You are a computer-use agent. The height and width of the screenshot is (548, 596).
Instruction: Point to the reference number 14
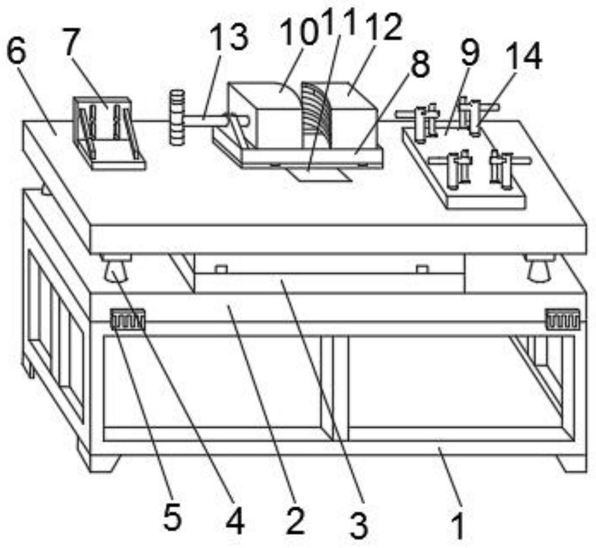(x=524, y=57)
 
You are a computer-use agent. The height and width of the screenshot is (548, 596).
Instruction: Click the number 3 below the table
(x=358, y=526)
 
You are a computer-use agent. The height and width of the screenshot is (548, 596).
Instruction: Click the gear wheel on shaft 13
(x=176, y=118)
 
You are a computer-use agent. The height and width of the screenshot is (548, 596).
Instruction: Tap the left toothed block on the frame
(x=127, y=319)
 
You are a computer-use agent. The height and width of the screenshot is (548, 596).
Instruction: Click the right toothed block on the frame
(x=563, y=318)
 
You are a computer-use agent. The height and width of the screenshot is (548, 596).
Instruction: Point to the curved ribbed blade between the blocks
(x=315, y=113)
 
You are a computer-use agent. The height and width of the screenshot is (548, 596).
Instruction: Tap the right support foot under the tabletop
(x=540, y=267)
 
